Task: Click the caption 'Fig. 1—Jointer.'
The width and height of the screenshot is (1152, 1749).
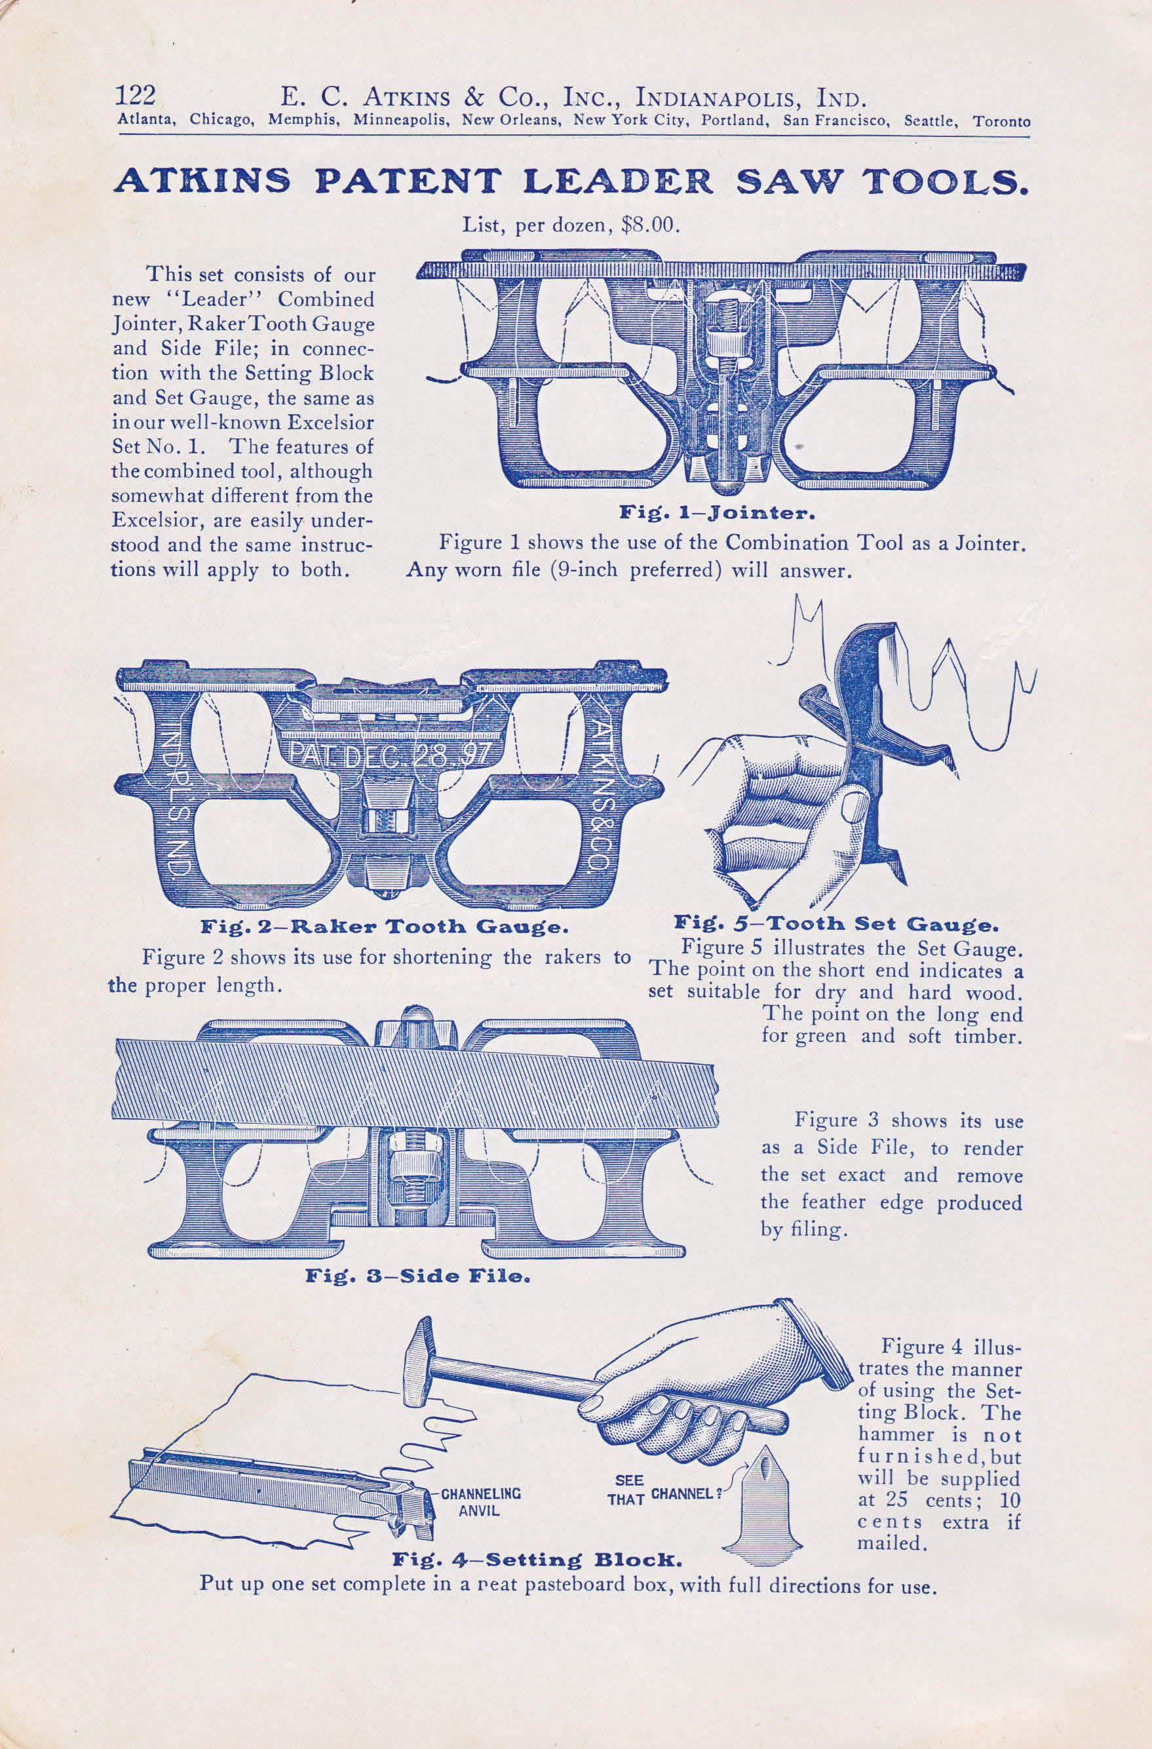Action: tap(715, 514)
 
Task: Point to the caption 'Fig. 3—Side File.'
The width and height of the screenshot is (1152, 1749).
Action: tap(417, 1277)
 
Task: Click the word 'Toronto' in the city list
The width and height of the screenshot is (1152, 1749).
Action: tap(1001, 122)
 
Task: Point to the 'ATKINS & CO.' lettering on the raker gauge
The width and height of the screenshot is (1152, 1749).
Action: tap(604, 794)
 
